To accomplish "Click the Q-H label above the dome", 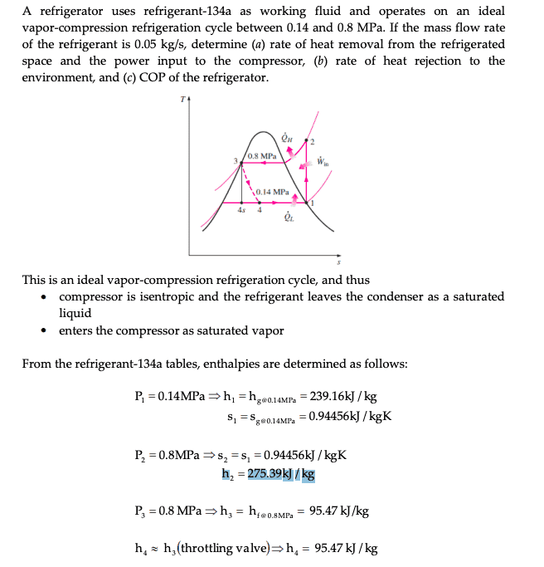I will pos(287,139).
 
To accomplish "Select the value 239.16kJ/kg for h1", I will pos(346,397).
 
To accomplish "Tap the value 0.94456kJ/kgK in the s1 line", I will pos(350,415).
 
